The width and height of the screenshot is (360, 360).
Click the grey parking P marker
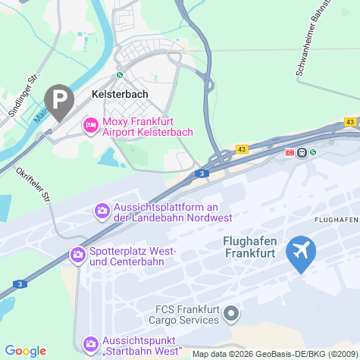point(59,99)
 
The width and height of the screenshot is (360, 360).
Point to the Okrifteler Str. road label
point(33,184)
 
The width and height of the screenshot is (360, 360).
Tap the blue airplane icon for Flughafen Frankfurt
point(301,252)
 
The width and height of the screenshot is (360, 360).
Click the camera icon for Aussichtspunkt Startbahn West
point(91,344)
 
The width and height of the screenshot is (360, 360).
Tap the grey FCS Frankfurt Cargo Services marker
point(233,312)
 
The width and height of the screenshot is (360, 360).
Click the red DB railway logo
point(290,152)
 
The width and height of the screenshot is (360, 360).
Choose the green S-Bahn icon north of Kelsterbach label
point(119,75)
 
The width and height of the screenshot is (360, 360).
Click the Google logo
point(26,351)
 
